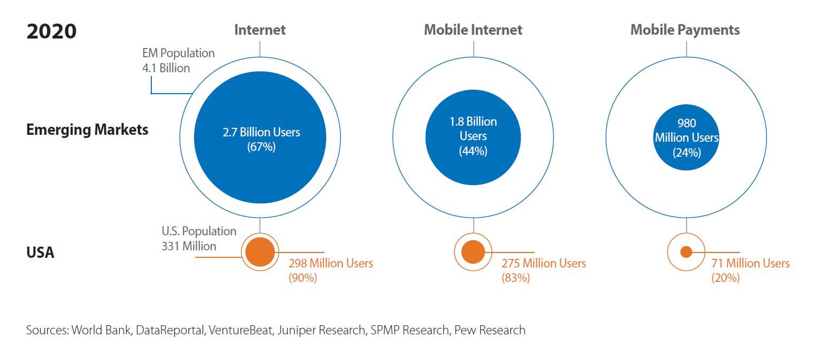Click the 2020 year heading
(x=51, y=31)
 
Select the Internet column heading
(x=260, y=29)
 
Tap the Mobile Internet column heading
(x=473, y=29)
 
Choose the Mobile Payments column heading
(x=685, y=29)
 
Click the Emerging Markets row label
(x=87, y=129)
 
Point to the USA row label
(x=41, y=252)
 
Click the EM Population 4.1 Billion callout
(x=178, y=60)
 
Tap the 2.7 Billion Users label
(x=261, y=132)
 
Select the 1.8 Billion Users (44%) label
(x=473, y=136)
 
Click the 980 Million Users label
(x=687, y=137)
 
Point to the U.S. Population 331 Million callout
(x=198, y=239)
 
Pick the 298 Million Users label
(x=330, y=263)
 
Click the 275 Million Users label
(x=543, y=263)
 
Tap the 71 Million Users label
(x=750, y=263)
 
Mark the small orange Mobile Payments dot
(x=686, y=252)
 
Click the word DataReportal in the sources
(x=170, y=330)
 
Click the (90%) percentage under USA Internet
(x=303, y=278)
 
